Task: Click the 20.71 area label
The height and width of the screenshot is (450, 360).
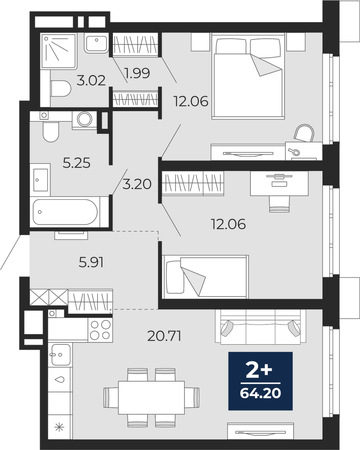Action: [x=164, y=336]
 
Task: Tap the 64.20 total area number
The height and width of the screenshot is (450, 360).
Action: [x=260, y=394]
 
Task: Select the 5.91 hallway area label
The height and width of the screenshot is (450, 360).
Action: [x=91, y=262]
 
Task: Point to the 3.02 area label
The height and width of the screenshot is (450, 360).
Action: [x=91, y=81]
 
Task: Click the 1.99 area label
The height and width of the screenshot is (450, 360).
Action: [x=137, y=73]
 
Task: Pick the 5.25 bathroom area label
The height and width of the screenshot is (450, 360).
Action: [x=77, y=163]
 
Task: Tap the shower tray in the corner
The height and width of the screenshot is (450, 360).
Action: [x=58, y=51]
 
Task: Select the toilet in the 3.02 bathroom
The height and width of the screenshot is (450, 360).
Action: [x=60, y=89]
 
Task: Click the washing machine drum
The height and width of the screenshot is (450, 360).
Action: [x=85, y=119]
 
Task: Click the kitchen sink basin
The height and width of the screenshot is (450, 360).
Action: [x=61, y=355]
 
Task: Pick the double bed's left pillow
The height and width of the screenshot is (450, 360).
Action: [x=231, y=47]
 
